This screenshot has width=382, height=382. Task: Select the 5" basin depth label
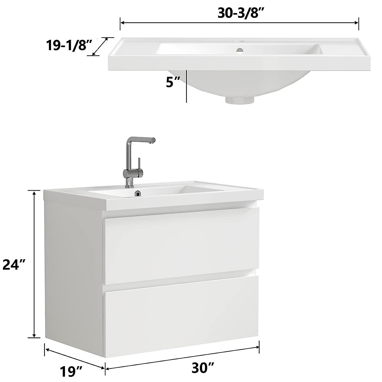click(173, 82)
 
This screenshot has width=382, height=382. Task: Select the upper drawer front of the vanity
click(181, 245)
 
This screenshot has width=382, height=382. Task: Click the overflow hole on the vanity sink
click(138, 193)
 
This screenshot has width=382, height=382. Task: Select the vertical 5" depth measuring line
click(187, 86)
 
